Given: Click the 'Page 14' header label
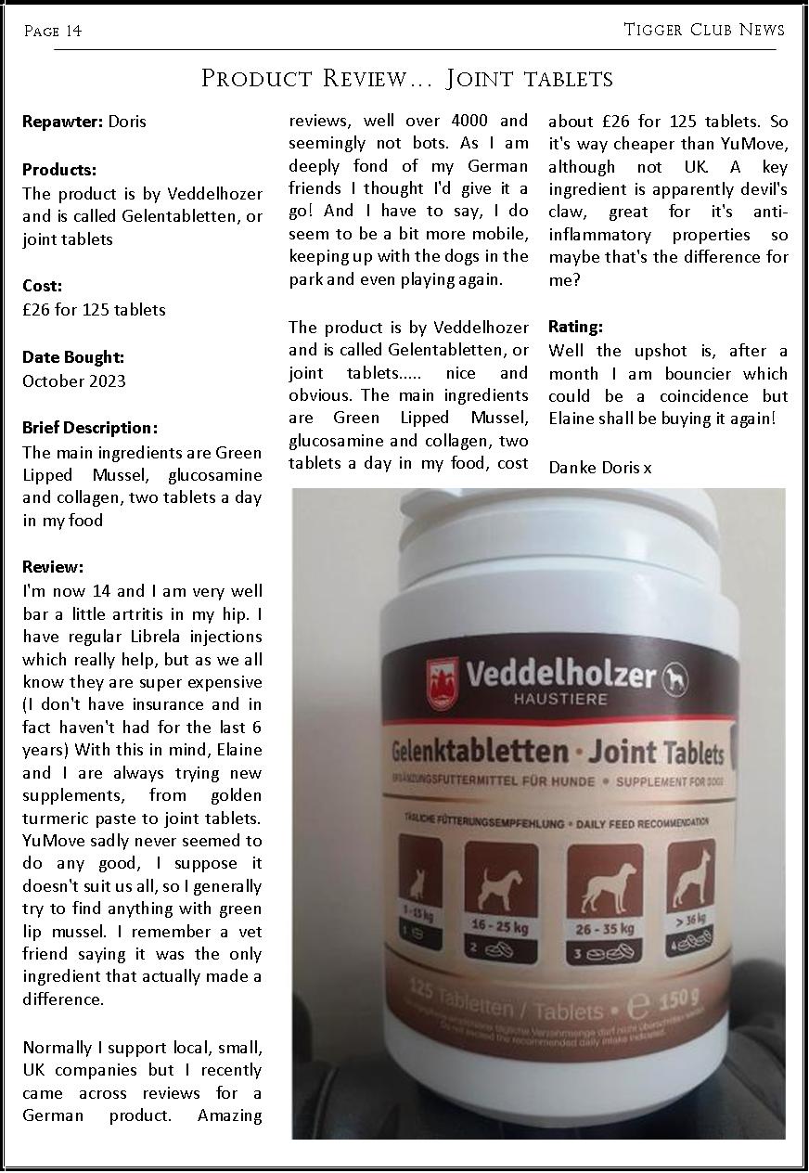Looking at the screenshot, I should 53,32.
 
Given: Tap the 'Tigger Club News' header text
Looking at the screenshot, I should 704,30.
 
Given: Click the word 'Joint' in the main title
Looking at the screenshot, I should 481,79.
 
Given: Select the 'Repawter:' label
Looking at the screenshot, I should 63,122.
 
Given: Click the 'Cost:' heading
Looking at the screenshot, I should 43,286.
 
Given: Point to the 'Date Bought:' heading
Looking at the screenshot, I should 73,357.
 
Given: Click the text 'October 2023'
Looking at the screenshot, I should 74,381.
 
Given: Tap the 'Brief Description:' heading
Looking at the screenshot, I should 90,428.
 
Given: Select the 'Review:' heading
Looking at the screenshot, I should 53,567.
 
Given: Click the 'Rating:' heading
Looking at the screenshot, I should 575,327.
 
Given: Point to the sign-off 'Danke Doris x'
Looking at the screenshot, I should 599,467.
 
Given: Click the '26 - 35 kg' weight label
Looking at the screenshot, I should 605,928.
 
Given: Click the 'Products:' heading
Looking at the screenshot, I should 59,170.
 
